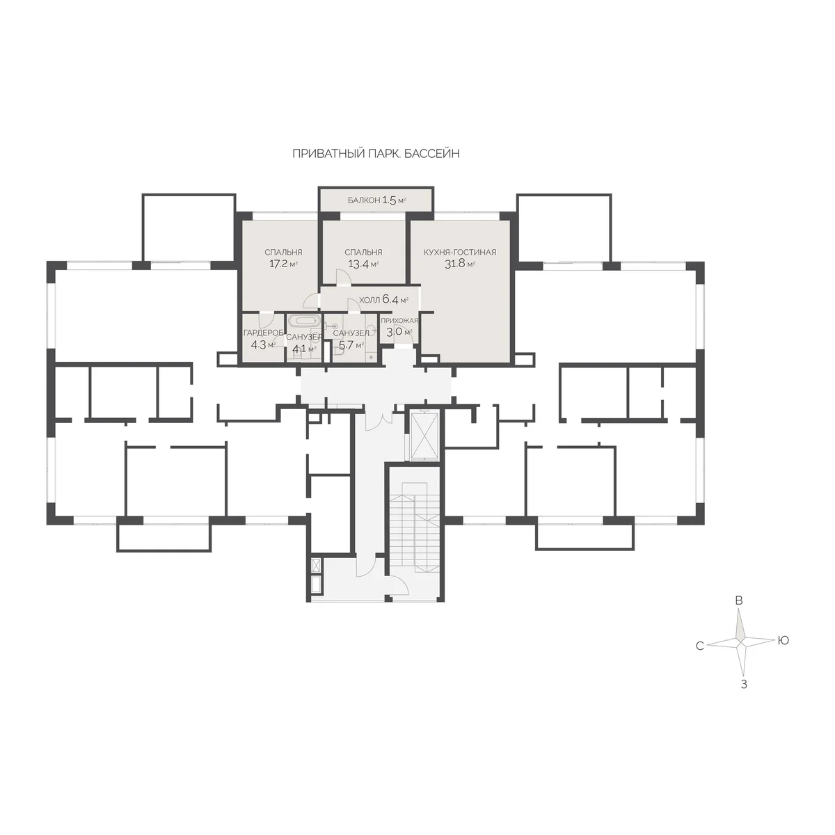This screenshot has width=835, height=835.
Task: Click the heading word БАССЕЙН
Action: [431, 154]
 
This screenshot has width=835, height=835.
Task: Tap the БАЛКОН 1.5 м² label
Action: [376, 200]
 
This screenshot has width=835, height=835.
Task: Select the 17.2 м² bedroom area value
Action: [283, 264]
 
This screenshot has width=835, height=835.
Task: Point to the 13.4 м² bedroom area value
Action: [363, 264]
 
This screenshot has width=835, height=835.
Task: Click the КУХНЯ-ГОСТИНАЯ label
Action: [460, 252]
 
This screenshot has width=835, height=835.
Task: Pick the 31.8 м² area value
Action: [460, 264]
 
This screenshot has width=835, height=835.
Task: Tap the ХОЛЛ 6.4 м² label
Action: [384, 299]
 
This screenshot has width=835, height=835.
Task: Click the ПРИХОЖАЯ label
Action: [399, 321]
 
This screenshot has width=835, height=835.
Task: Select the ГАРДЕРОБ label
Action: [264, 333]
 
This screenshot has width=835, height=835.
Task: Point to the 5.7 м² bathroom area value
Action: [351, 345]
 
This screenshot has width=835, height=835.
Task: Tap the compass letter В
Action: [739, 601]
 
